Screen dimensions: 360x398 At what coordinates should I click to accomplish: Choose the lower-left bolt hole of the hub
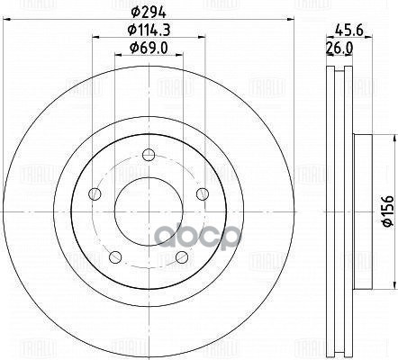(x=116, y=257)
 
